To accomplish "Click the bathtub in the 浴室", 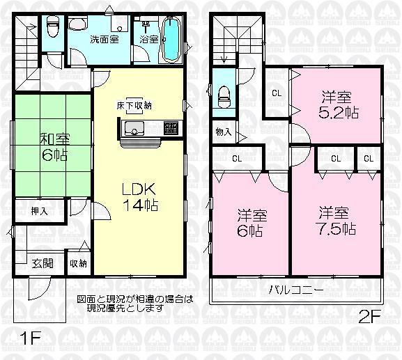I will coord(171,40).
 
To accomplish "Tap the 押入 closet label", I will coord(38,210).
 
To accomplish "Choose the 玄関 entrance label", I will coord(42,264).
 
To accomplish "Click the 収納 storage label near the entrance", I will coord(77,264).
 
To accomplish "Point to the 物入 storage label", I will coord(223,132).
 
